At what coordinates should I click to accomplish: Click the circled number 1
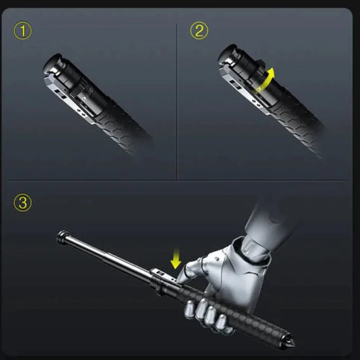[x=23, y=31]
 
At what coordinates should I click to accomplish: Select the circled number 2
[x=199, y=31]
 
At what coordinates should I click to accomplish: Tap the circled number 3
[x=23, y=203]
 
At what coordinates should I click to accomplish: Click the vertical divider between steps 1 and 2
[x=177, y=101]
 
